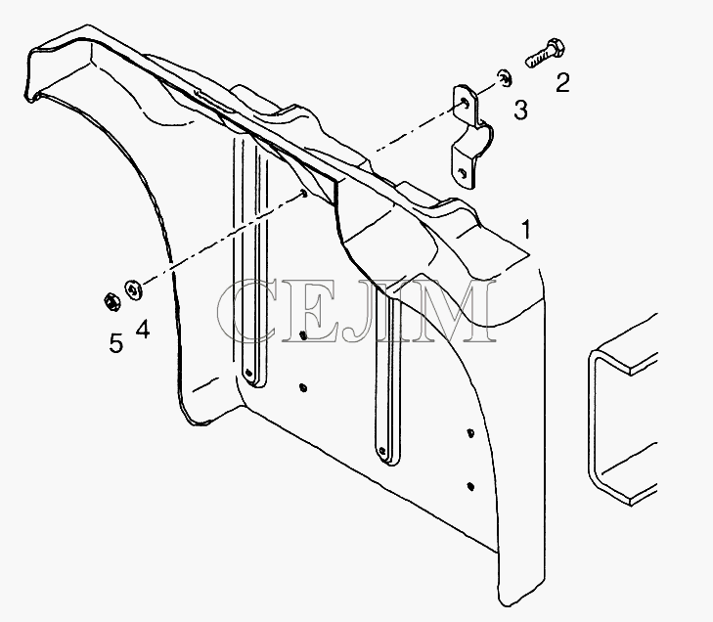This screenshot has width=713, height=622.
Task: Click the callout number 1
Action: [x=525, y=230]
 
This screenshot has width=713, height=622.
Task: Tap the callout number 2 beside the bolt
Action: [x=562, y=83]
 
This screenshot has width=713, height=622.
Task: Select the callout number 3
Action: [x=520, y=111]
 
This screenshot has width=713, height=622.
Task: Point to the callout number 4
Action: [x=143, y=330]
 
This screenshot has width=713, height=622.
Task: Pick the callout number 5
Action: [x=116, y=343]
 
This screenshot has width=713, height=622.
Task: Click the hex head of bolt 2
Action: [x=556, y=47]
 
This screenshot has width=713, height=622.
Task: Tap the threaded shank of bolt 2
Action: [x=537, y=59]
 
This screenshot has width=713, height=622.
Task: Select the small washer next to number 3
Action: [x=504, y=78]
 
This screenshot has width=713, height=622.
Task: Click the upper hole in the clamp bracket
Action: [x=464, y=102]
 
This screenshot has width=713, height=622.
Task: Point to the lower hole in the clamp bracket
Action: [x=463, y=172]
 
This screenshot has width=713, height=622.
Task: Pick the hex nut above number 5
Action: [x=111, y=301]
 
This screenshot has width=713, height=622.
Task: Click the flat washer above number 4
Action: [x=133, y=289]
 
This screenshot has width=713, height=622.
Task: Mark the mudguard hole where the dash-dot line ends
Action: [x=304, y=195]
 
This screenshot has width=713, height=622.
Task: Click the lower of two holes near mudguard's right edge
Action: [x=470, y=486]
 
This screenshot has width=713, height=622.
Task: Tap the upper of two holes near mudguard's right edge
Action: [x=470, y=433]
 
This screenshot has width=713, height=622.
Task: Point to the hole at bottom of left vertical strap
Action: [x=248, y=373]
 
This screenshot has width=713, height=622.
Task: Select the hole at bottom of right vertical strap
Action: [x=382, y=452]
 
